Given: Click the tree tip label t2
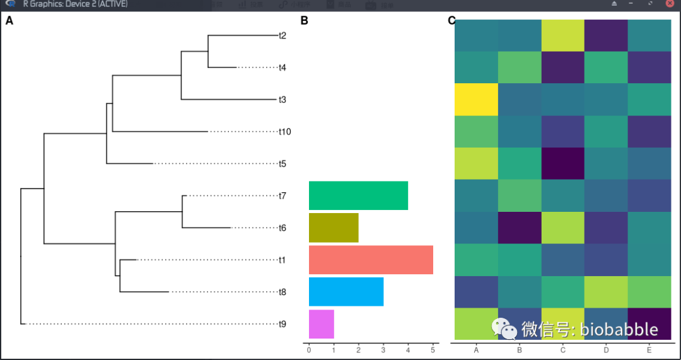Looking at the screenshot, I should pyautogui.click(x=282, y=35).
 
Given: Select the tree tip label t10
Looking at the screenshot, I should pyautogui.click(x=284, y=132).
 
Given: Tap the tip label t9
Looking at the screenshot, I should pyautogui.click(x=282, y=325).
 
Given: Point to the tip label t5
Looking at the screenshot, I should pyautogui.click(x=282, y=164).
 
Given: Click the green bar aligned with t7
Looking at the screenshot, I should pyautogui.click(x=358, y=195).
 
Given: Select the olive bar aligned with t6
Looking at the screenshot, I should pyautogui.click(x=334, y=228).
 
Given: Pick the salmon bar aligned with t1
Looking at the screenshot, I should pyautogui.click(x=371, y=260).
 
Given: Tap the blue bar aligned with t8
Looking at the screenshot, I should pyautogui.click(x=346, y=292).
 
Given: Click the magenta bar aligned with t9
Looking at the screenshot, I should pyautogui.click(x=321, y=324).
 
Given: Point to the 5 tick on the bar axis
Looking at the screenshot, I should pyautogui.click(x=433, y=350).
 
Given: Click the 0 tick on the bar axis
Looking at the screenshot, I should pyautogui.click(x=309, y=350).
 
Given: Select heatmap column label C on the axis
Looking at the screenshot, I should pyautogui.click(x=563, y=350).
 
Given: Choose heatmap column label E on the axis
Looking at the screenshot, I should pyautogui.click(x=649, y=350).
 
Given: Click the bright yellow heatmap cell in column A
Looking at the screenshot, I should pyautogui.click(x=476, y=100).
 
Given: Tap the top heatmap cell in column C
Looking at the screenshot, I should pyautogui.click(x=563, y=35).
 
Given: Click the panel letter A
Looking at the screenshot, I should pyautogui.click(x=9, y=21).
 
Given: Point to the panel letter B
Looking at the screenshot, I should pyautogui.click(x=305, y=21).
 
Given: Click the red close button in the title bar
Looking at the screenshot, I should pyautogui.click(x=670, y=4).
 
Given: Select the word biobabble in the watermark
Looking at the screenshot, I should pyautogui.click(x=619, y=329).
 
